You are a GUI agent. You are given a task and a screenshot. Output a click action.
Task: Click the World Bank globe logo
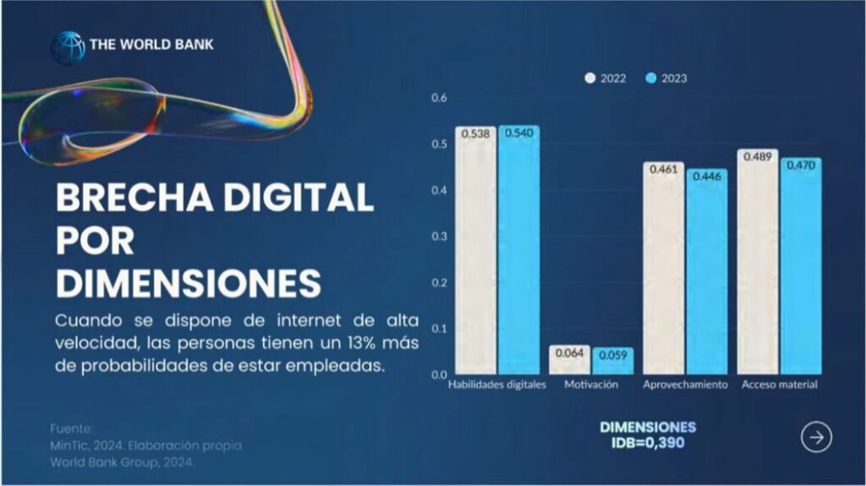pyautogui.click(x=68, y=46)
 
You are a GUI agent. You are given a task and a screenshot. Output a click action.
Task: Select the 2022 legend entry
pyautogui.click(x=606, y=79)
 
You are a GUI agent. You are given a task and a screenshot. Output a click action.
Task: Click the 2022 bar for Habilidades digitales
pyautogui.click(x=475, y=254)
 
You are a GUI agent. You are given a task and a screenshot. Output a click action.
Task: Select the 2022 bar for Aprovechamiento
pyautogui.click(x=663, y=270)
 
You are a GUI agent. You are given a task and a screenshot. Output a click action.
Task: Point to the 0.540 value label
pyautogui.click(x=518, y=134)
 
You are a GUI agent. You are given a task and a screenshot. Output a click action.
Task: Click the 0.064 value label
pyautogui.click(x=569, y=353)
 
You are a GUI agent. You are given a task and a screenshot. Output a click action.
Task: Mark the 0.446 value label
pyautogui.click(x=706, y=177)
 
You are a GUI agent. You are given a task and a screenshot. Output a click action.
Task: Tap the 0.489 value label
pyautogui.click(x=757, y=156)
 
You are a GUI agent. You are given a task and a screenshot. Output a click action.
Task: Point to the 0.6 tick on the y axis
pyautogui.click(x=438, y=98)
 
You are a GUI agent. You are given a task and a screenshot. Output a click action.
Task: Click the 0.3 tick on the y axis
pyautogui.click(x=438, y=236)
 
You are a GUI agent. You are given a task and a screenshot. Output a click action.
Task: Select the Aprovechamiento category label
pyautogui.click(x=685, y=385)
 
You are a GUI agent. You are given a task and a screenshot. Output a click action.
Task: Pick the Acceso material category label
pyautogui.click(x=779, y=385)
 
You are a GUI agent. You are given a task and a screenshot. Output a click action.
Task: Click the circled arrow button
pyautogui.click(x=816, y=437)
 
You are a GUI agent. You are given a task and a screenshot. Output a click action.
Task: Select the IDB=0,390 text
pyautogui.click(x=648, y=442)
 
